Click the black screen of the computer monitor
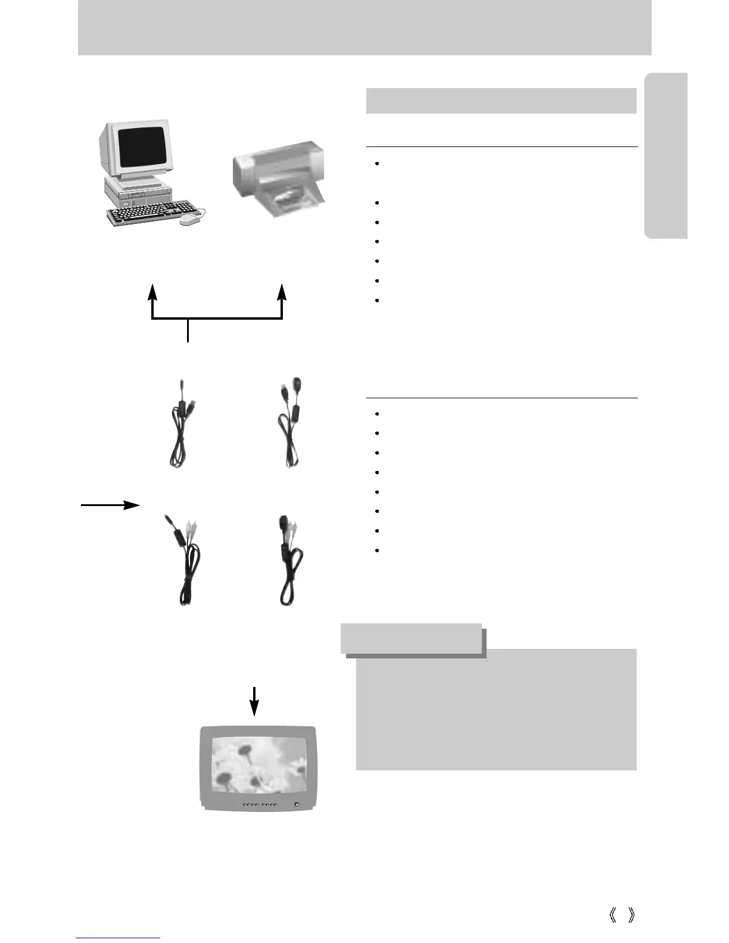[142, 146]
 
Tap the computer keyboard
[152, 213]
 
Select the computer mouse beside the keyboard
[190, 219]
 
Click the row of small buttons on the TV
[260, 805]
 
